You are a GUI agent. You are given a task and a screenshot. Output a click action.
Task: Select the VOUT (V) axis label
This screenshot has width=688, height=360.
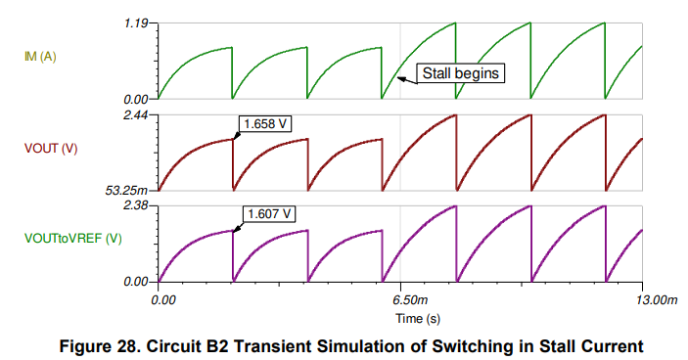pos(51,149)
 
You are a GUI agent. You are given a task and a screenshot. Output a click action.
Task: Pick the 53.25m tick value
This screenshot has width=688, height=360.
pos(127,190)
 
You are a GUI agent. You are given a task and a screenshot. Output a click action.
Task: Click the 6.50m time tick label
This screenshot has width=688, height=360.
pos(403,298)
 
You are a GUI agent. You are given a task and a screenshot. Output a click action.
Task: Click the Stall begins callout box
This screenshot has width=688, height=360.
pos(460,72)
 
